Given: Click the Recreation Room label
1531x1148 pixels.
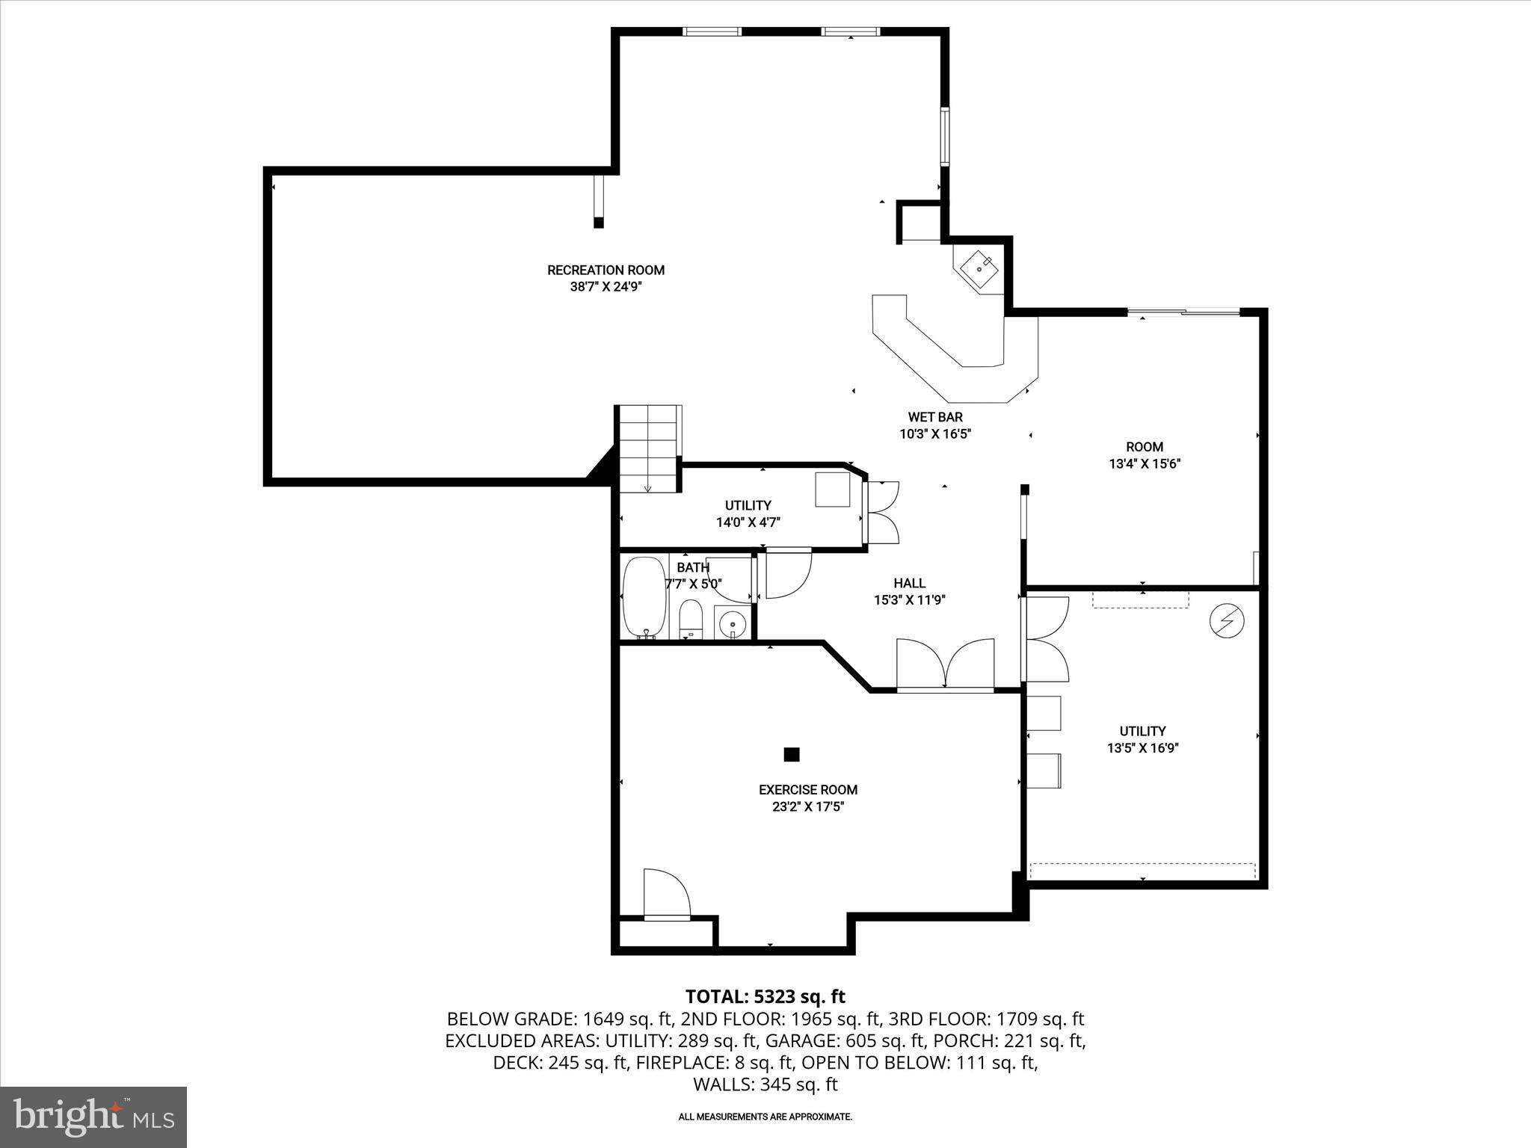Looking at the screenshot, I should pyautogui.click(x=606, y=271).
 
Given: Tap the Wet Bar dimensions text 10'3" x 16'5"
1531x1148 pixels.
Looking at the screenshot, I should pyautogui.click(x=935, y=433).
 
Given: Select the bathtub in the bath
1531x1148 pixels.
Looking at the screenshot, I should pyautogui.click(x=644, y=596).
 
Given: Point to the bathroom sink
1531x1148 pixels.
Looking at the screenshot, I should pyautogui.click(x=733, y=622).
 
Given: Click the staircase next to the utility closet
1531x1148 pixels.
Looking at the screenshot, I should pyautogui.click(x=647, y=448).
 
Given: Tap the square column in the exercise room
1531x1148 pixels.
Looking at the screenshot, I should pyautogui.click(x=792, y=754).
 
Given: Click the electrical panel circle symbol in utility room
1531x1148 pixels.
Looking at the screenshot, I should pyautogui.click(x=1227, y=621).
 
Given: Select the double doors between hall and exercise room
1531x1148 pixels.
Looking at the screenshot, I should pyautogui.click(x=946, y=664).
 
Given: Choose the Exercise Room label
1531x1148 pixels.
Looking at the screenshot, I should pyautogui.click(x=808, y=789).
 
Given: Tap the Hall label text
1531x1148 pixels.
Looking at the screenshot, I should pyautogui.click(x=910, y=583).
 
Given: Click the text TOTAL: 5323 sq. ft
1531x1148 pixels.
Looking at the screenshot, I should pyautogui.click(x=765, y=996).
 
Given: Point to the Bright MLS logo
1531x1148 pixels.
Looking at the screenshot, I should pyautogui.click(x=93, y=1117).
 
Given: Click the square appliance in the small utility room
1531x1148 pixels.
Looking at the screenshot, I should pyautogui.click(x=832, y=490).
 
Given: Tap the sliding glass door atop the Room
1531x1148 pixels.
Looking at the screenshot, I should pyautogui.click(x=1183, y=312).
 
